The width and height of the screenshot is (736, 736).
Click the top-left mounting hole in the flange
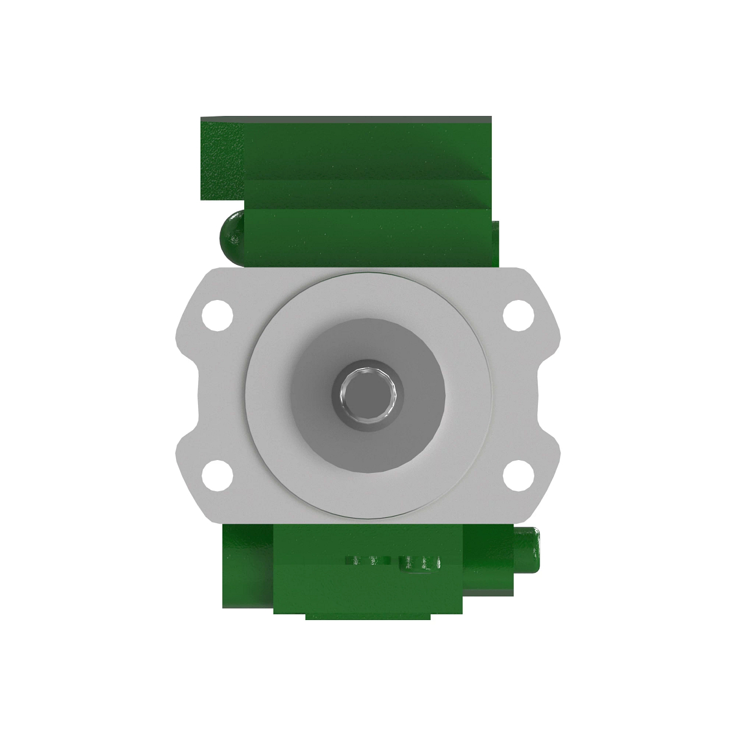coord(218,312)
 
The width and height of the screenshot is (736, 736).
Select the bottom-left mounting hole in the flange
coord(218,475)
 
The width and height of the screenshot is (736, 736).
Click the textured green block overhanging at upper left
coord(221,159)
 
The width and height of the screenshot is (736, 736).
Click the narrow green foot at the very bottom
coord(368,615)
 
